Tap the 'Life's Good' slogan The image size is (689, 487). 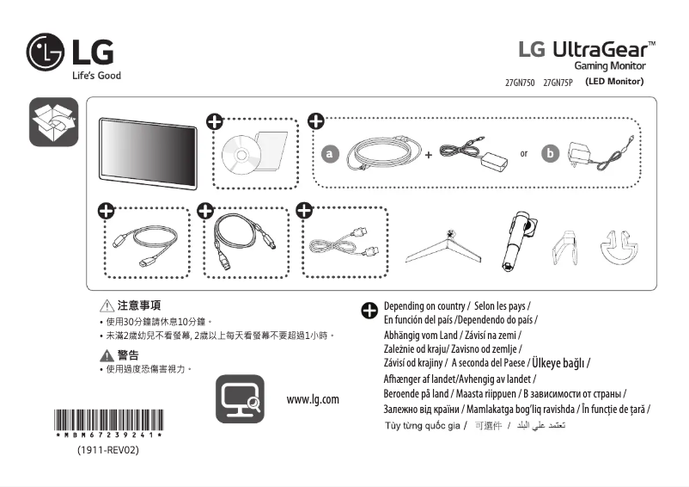[95, 76]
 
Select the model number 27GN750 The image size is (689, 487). [520, 83]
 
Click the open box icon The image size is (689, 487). [54, 122]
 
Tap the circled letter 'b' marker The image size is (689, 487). [551, 153]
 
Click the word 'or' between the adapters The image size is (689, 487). [524, 154]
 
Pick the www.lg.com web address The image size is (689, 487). [313, 399]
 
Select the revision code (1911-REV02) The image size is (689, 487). [107, 450]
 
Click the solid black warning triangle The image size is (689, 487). [107, 354]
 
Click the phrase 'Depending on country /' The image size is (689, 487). [424, 306]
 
